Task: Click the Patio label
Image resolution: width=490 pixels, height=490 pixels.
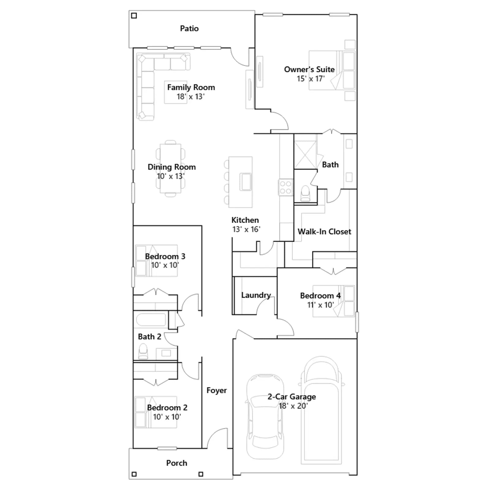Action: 189,28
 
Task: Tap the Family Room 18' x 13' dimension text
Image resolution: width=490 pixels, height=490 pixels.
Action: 190,97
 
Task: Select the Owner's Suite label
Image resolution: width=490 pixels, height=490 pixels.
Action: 309,70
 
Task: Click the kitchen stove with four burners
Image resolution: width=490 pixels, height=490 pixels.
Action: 285,187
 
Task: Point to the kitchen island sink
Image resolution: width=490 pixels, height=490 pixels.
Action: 246,182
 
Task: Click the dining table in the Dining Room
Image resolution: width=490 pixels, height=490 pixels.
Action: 170,168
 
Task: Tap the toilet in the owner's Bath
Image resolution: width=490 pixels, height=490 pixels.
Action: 305,194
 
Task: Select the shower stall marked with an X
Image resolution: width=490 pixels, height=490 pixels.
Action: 305,155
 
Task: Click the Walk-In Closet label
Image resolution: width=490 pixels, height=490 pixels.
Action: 324,232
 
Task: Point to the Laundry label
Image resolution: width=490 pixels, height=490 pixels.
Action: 256,295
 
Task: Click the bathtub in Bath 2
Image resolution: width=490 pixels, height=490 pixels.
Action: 151,320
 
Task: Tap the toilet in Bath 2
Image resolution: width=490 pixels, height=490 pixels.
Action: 143,351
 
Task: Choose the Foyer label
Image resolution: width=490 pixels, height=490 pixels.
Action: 217,390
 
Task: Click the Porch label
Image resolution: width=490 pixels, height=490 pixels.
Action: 177,463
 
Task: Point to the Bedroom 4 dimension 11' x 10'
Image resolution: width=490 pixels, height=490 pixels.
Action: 320,305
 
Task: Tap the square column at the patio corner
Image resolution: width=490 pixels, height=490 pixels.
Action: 134,16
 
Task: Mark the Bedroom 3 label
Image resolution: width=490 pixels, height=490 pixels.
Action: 165,256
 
